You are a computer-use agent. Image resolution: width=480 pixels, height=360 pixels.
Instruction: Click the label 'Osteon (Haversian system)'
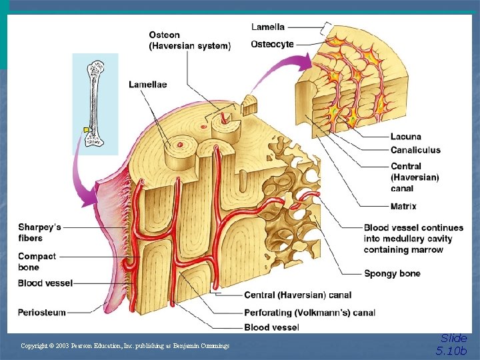pos(189,41)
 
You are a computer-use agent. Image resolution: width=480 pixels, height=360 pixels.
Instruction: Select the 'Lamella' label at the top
pos(267,27)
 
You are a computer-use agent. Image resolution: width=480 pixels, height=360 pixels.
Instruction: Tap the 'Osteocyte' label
pos(272,44)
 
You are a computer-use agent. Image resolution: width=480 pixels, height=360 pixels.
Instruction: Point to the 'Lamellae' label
pos(147,85)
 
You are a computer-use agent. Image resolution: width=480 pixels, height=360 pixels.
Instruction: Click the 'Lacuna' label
pos(405,137)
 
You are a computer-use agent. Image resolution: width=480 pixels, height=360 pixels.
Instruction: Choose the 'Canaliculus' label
pos(415,150)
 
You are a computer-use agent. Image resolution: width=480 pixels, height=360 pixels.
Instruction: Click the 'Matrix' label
pos(403,207)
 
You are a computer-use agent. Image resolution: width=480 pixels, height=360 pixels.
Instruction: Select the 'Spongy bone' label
pos(392,273)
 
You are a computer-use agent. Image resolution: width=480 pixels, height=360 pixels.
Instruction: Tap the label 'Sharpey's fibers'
pos(39,233)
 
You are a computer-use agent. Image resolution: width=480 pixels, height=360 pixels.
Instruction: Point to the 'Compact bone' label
pos(37,262)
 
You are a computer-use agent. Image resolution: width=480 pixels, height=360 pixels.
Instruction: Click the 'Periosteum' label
pos(42,312)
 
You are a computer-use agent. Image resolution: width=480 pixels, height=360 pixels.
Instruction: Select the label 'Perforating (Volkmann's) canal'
pos(309,312)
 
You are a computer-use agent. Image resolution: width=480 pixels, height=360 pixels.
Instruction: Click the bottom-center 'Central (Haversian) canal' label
pos(297,295)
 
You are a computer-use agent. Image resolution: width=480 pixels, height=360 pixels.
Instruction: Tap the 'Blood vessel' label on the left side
pos(45,283)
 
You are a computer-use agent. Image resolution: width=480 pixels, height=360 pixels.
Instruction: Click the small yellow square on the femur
pos(85,129)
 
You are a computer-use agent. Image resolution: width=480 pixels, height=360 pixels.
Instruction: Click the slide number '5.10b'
pos(453,351)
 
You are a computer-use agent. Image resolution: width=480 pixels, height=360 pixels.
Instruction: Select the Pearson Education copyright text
pos(125,345)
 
